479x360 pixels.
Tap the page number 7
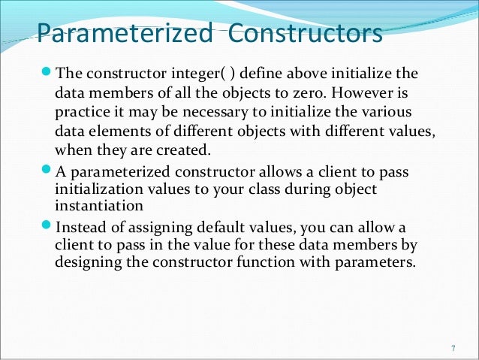coord(452,348)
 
